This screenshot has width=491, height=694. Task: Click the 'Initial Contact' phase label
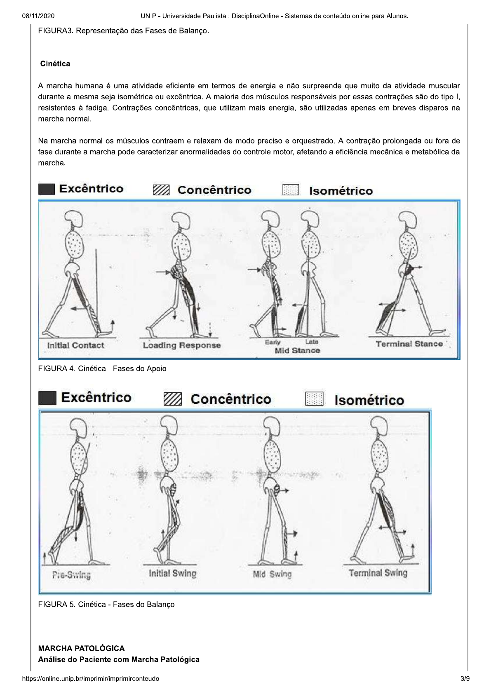(x=75, y=345)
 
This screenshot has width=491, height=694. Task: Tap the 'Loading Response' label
(x=182, y=345)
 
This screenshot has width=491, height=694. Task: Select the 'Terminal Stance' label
(x=409, y=344)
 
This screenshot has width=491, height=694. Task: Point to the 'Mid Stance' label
(x=297, y=351)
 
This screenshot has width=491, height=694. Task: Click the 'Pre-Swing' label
(x=71, y=575)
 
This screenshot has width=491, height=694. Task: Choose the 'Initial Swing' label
(x=172, y=574)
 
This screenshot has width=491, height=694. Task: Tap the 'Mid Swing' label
(x=272, y=574)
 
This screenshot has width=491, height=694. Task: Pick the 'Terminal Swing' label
(x=378, y=573)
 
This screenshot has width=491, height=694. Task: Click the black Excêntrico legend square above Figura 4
(x=47, y=189)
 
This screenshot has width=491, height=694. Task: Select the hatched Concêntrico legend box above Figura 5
(x=173, y=399)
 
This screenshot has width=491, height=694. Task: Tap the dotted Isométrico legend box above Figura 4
(x=291, y=190)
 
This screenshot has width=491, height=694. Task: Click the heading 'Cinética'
(x=55, y=64)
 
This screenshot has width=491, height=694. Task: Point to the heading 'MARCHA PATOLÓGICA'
(x=82, y=648)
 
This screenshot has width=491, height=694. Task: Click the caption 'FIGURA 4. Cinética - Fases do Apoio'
(x=102, y=369)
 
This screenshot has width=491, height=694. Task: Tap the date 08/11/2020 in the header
(x=38, y=16)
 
